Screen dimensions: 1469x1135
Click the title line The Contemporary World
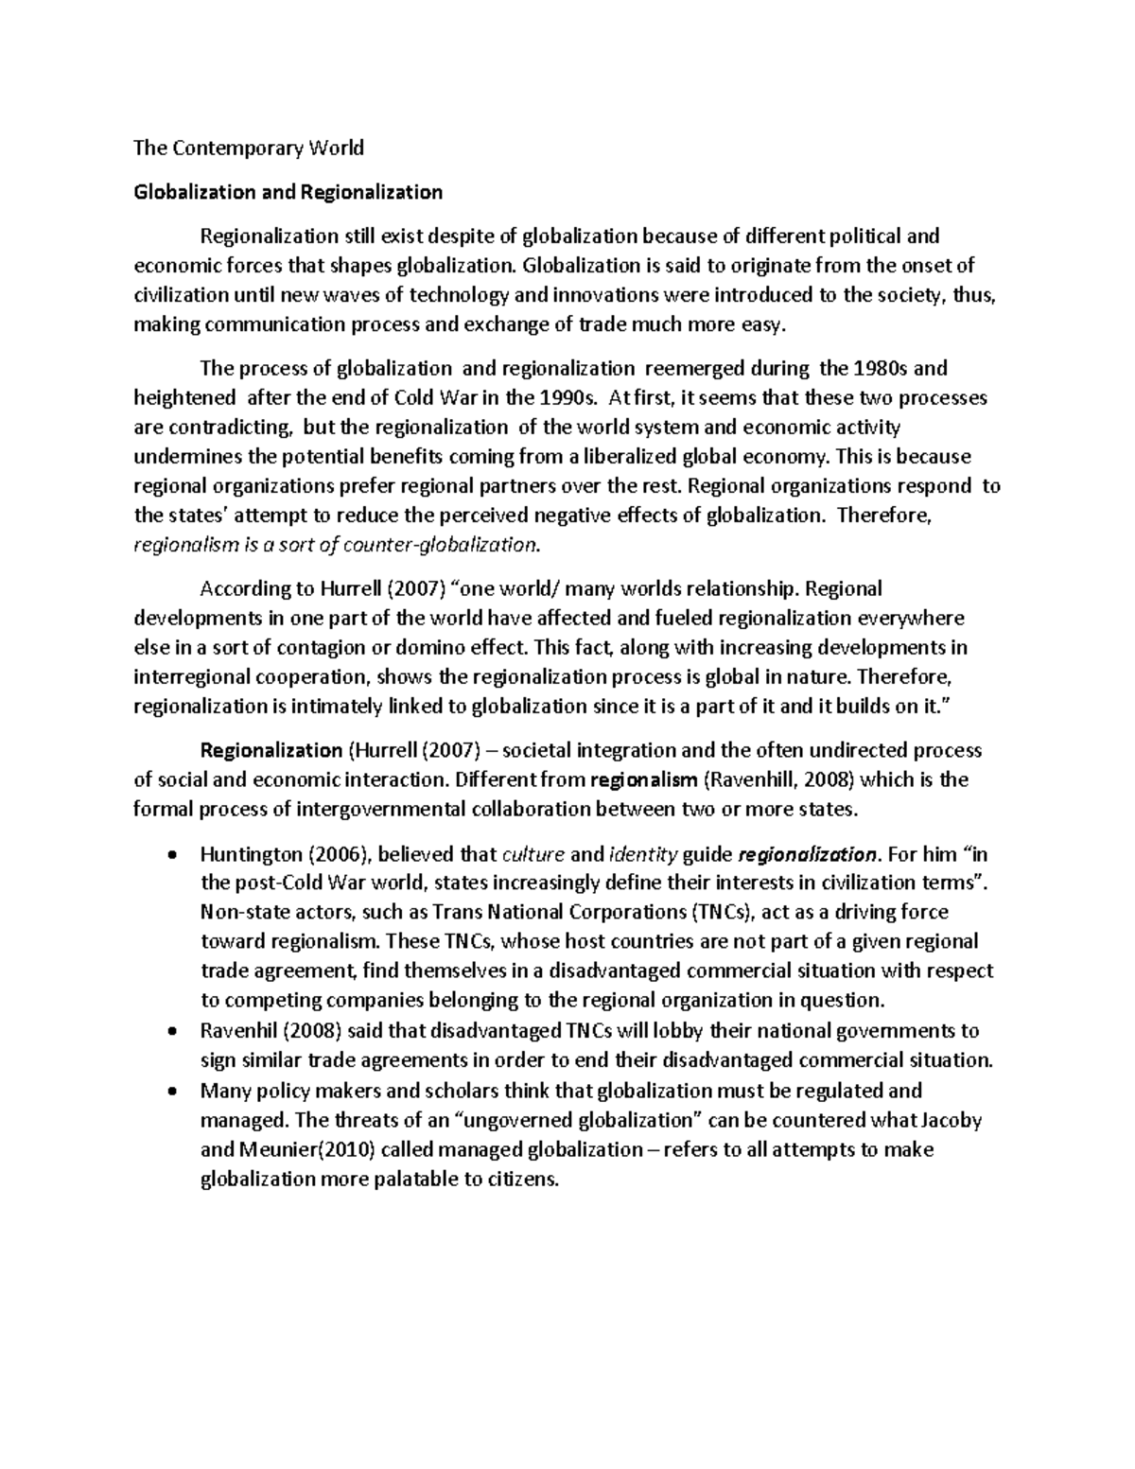coord(248,148)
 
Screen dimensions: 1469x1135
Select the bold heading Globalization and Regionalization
coord(288,192)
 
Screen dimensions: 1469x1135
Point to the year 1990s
coord(564,397)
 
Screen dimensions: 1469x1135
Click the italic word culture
coord(533,854)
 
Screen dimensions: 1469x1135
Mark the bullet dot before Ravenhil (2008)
coord(170,1031)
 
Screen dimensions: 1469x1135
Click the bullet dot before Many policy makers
coord(170,1091)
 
